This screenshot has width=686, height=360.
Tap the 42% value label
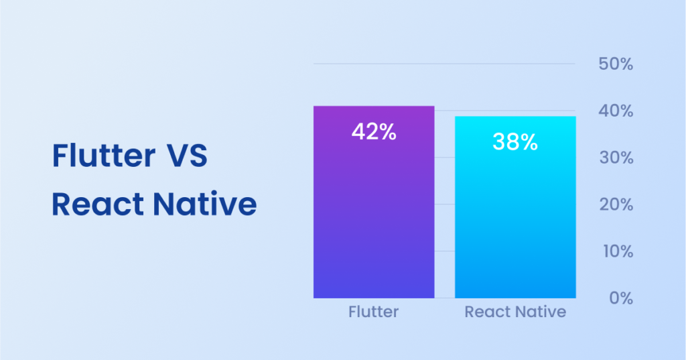(374, 132)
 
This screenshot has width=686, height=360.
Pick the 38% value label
(514, 141)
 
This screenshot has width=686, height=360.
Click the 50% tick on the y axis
(615, 64)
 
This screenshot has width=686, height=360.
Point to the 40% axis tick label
(615, 111)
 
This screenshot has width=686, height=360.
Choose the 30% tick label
(615, 158)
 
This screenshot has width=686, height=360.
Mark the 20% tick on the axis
(615, 204)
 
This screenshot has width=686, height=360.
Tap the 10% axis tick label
(615, 251)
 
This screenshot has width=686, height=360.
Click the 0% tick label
(620, 298)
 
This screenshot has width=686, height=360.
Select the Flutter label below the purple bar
(374, 312)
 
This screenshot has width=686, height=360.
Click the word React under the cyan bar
(484, 312)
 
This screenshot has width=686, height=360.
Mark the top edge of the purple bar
(374, 107)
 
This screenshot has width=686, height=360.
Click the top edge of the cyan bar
(514, 117)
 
